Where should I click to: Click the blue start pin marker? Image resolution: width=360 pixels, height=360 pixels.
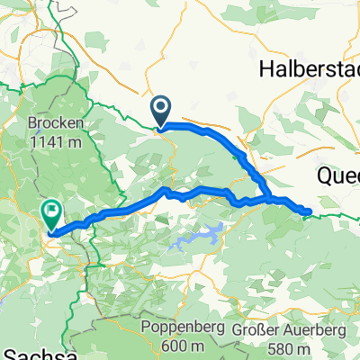click(162, 111)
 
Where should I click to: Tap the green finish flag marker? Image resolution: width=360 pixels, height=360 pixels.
click(51, 212)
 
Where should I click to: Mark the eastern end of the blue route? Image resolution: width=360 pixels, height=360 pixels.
click(310, 212)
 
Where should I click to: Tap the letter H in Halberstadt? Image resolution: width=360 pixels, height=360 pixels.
click(265, 68)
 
